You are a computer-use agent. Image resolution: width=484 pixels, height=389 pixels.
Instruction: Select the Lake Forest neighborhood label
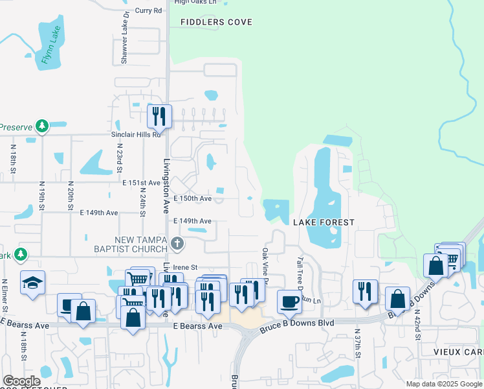click(x=324, y=222)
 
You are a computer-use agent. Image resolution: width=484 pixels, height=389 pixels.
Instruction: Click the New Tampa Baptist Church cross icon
click(x=179, y=244)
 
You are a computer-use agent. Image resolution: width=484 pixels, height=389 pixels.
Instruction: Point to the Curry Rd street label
click(x=148, y=10)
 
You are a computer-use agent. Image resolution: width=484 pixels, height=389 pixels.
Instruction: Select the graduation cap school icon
click(x=32, y=283)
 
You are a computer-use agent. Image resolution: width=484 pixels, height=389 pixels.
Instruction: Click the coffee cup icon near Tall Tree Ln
click(x=289, y=300)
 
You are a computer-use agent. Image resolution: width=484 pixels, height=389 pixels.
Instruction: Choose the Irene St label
click(x=184, y=267)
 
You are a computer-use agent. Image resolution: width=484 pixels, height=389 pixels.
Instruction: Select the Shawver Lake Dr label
click(x=124, y=45)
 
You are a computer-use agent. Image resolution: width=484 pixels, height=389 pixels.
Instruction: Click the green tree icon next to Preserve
click(x=42, y=125)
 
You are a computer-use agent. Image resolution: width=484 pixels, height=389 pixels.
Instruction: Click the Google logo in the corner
click(x=21, y=381)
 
